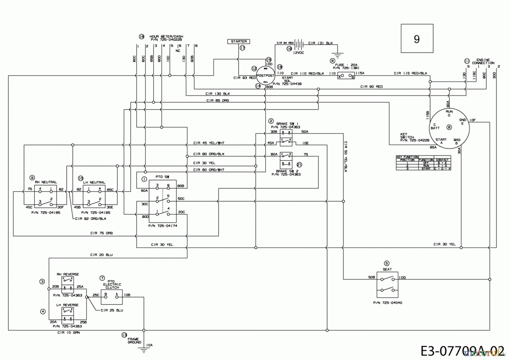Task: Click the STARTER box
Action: (x=238, y=41)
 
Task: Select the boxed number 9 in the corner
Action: (x=417, y=38)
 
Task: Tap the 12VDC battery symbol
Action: (x=299, y=44)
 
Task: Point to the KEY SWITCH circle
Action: (x=449, y=127)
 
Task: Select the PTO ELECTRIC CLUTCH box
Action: (x=111, y=297)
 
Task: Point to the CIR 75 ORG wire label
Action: (x=101, y=233)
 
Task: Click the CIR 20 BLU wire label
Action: (x=101, y=255)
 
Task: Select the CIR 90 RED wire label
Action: (x=372, y=86)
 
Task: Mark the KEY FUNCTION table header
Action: (x=407, y=157)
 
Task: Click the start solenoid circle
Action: (x=265, y=75)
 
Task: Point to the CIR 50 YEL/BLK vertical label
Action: (x=346, y=157)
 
